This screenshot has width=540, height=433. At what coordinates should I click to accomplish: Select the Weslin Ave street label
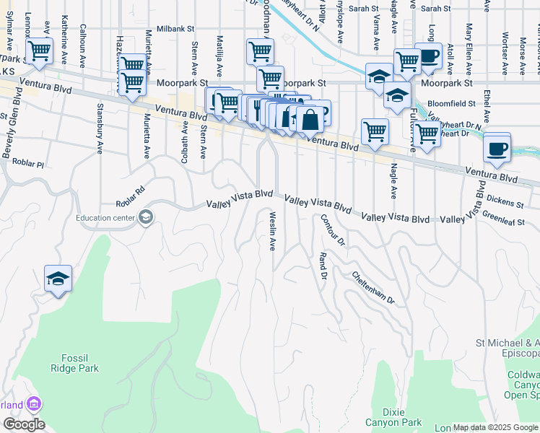(x=273, y=232)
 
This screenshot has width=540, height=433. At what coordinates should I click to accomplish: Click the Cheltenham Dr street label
(x=374, y=287)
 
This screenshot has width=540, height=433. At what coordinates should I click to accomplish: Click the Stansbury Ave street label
(x=99, y=128)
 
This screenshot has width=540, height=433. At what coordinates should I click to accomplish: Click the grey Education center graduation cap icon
(x=145, y=216)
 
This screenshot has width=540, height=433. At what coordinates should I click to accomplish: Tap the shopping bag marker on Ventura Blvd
(x=310, y=120)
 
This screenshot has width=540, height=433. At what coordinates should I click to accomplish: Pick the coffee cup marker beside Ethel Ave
(x=497, y=149)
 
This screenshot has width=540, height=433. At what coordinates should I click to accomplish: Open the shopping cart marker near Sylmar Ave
(x=39, y=51)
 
